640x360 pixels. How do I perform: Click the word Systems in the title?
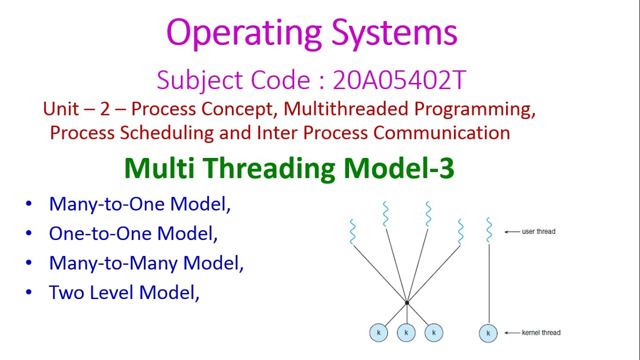(394, 33)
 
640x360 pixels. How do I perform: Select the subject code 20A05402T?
(399, 80)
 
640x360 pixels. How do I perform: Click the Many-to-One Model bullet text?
(139, 204)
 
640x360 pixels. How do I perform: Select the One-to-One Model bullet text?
(133, 233)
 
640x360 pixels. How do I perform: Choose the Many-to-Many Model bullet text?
(146, 263)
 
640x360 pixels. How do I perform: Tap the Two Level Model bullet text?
(124, 292)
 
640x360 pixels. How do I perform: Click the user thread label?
(538, 231)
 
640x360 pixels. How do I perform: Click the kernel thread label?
(541, 332)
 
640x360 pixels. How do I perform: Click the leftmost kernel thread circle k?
(378, 333)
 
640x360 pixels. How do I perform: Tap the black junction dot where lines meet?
(407, 302)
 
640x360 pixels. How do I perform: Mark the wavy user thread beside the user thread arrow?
(488, 230)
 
